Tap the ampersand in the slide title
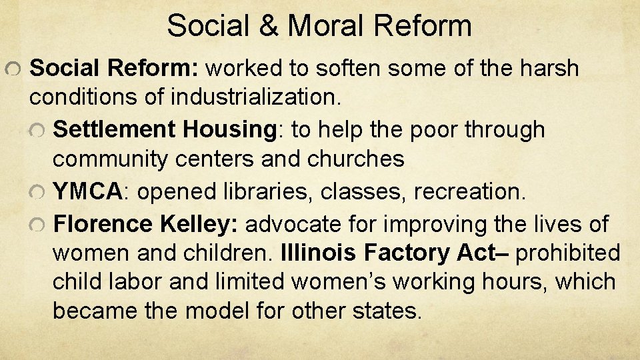pos(271,26)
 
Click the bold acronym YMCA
pos(87,191)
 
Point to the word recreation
pos(469,191)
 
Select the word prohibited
pos(568,253)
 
